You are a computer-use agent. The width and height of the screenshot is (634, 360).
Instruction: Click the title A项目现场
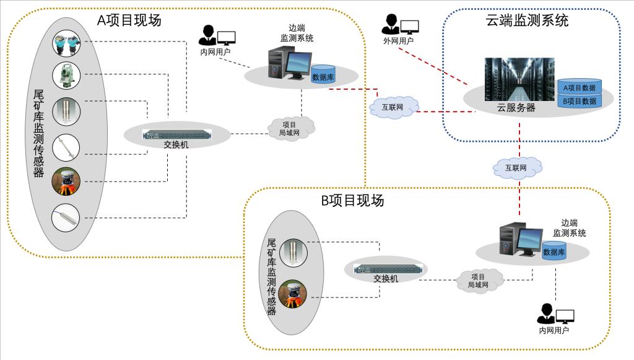point(129,20)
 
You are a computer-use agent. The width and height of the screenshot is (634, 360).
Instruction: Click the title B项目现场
point(352,200)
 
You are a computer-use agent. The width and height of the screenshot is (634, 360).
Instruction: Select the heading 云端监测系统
point(527,20)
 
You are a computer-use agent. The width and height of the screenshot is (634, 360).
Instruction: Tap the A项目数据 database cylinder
point(580,87)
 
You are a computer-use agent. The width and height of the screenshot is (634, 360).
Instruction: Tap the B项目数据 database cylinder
point(580,100)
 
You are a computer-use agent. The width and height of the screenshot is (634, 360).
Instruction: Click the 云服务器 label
point(516,107)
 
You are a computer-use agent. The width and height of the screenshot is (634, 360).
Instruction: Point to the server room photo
point(519,79)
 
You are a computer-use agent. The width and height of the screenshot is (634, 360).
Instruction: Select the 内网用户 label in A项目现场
point(215,52)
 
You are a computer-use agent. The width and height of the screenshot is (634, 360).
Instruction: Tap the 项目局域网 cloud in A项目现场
point(292,128)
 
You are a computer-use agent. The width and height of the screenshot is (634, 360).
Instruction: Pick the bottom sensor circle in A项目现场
point(67,217)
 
